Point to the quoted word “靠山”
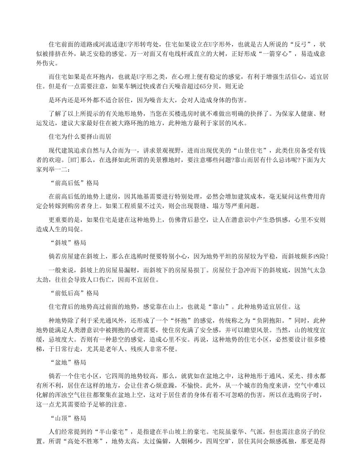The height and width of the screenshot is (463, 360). [x=242, y=307]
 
